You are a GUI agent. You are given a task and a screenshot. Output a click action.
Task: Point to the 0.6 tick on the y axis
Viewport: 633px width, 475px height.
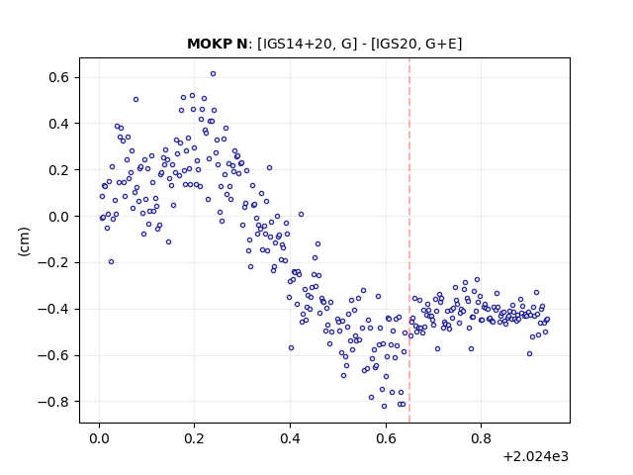coord(58,77)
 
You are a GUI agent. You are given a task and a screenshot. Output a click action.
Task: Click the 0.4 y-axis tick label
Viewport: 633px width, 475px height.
coord(58,124)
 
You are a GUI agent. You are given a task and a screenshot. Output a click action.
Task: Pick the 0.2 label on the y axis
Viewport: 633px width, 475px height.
coord(58,170)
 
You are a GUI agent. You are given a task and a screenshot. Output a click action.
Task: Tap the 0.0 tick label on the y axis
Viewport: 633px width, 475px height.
coord(58,217)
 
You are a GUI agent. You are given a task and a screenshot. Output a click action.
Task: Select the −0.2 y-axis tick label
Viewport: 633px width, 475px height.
coord(53,262)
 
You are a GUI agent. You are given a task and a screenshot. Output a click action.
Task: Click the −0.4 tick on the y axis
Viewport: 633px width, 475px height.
coord(53,309)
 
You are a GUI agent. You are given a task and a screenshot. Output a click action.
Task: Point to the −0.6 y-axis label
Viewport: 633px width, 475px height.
coord(53,355)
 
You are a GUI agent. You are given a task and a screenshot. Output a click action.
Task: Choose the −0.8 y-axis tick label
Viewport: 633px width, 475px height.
coord(53,402)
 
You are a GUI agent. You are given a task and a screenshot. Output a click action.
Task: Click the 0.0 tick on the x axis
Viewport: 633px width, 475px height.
coord(99,438)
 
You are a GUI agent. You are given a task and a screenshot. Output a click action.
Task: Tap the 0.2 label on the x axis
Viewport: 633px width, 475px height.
coord(194,438)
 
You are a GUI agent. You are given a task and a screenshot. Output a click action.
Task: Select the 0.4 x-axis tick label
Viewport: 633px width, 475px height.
coord(290,438)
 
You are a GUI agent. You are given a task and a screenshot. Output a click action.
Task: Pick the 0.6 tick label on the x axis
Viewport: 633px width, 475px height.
coord(386,438)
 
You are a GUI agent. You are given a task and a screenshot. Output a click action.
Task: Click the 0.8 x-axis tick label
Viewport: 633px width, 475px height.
coord(482,438)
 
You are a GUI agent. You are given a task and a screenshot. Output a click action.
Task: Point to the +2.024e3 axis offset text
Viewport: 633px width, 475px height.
coord(536,456)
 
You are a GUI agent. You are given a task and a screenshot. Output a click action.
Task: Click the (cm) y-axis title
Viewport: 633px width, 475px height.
coord(24,241)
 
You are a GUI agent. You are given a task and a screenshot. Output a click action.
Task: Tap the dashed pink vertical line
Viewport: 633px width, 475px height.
coord(409,240)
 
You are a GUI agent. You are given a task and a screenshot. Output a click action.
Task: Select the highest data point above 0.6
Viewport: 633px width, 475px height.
coord(214,73)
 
